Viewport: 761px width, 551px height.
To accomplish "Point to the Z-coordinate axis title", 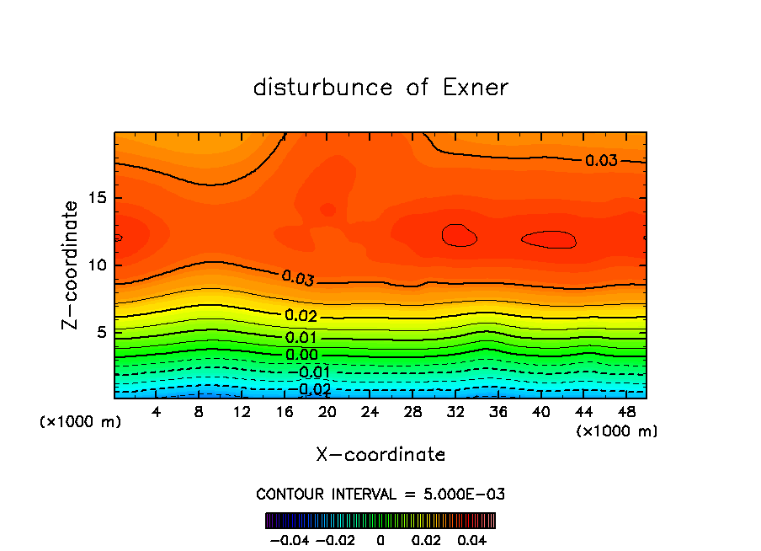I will tap(72, 265).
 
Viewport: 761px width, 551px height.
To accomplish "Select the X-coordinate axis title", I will tap(380, 455).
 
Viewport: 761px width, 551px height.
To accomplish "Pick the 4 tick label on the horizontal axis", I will tap(157, 412).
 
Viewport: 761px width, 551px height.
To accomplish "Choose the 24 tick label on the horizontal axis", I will tap(370, 412).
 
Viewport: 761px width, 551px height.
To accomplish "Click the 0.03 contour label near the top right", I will tap(601, 161).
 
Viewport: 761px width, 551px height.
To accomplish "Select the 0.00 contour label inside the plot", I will tap(301, 355).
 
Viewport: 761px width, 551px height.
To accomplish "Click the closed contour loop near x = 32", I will tap(459, 235).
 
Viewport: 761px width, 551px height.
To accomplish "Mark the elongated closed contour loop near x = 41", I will tap(549, 240).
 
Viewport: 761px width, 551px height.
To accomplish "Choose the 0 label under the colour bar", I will tap(380, 538).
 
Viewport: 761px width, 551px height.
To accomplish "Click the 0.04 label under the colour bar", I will tap(473, 538).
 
